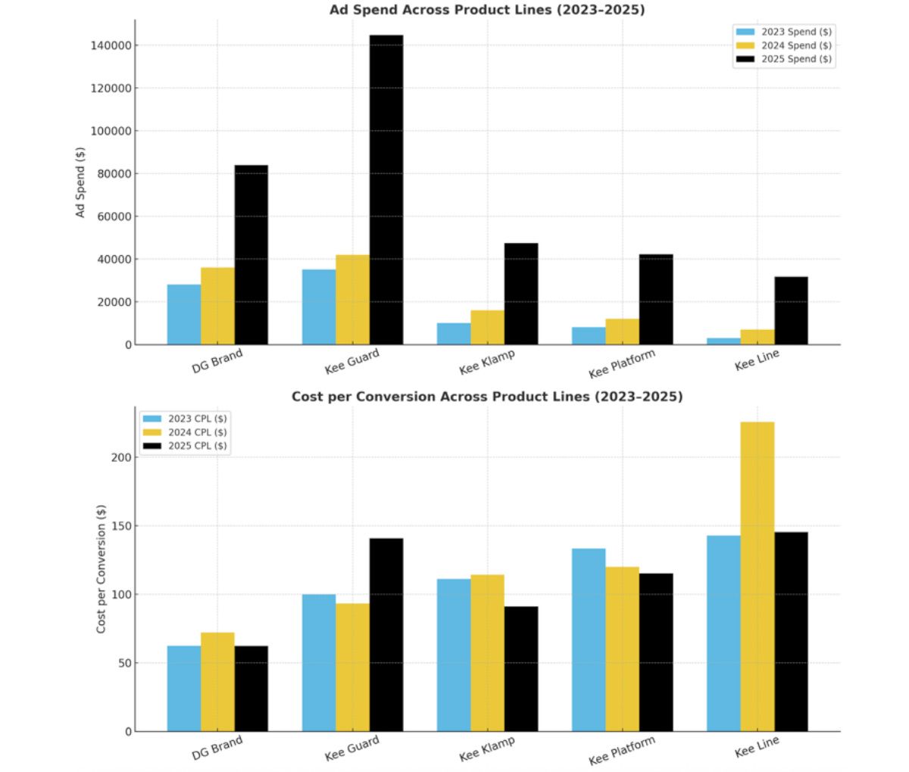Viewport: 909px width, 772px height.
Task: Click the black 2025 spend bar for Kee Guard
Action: click(x=386, y=189)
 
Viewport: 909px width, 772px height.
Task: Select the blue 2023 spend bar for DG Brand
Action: click(x=184, y=314)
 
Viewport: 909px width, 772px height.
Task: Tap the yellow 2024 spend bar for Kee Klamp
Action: click(x=487, y=327)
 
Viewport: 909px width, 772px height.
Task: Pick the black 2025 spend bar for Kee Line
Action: click(x=791, y=310)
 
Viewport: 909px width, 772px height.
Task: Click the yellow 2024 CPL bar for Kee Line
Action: click(x=757, y=576)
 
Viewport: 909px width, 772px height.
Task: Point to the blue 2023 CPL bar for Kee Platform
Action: click(x=589, y=640)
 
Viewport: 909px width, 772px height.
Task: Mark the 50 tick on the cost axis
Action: click(x=125, y=663)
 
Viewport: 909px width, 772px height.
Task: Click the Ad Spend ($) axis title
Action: click(x=80, y=182)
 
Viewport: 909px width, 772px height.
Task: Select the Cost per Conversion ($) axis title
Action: click(x=102, y=568)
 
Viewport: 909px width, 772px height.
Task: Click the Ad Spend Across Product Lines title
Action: click(x=487, y=10)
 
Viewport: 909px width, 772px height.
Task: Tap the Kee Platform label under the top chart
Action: click(x=621, y=364)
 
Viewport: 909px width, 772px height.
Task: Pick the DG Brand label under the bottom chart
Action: click(x=217, y=748)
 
